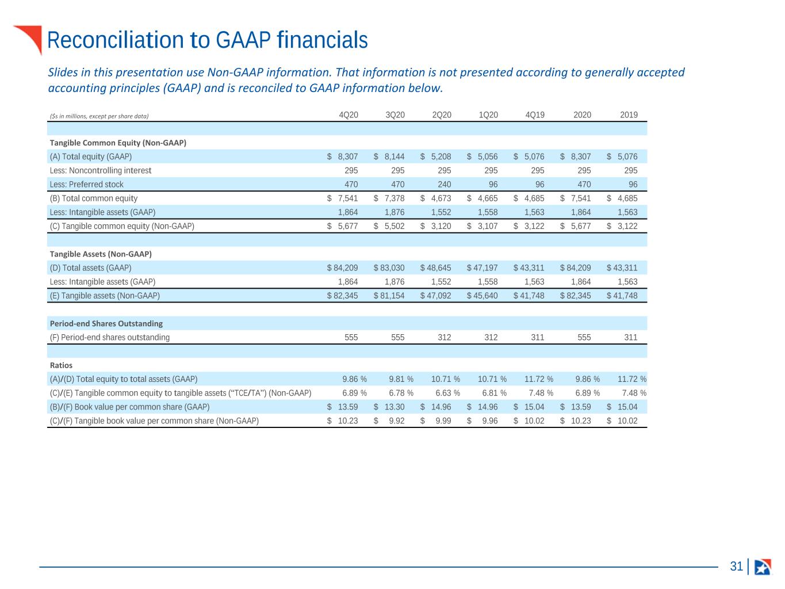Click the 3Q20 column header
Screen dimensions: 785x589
[395, 115]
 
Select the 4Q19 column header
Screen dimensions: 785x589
[535, 115]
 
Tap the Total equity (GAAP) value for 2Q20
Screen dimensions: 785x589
[435, 156]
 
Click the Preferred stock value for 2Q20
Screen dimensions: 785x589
[444, 185]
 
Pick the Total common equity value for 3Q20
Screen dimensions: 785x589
[389, 198]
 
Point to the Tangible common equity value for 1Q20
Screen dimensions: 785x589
[482, 227]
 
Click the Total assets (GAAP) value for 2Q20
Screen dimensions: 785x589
[435, 268]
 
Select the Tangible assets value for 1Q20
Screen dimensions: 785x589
[482, 296]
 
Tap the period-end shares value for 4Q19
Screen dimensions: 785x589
[538, 338]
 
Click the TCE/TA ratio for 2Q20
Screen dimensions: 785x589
[447, 393]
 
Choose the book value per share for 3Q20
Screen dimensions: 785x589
[389, 407]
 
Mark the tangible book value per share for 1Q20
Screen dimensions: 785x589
[482, 421]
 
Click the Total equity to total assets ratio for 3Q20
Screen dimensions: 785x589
[401, 379]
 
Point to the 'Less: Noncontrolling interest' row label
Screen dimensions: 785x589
[101, 171]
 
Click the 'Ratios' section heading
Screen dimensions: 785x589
[61, 365]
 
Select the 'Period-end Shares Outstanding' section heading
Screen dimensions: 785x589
[106, 324]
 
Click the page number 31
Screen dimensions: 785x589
[736, 567]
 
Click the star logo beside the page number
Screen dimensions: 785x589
[763, 567]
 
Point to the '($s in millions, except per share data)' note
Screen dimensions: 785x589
[99, 116]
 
